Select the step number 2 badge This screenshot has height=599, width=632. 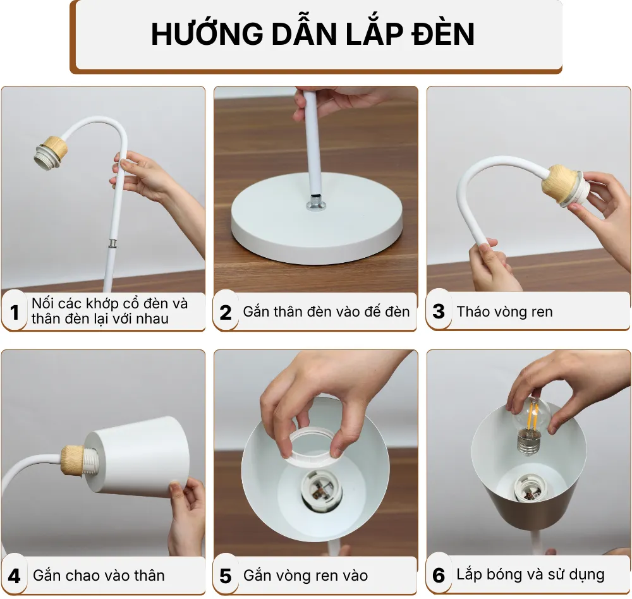(226, 312)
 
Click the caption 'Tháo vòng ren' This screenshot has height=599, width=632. (504, 312)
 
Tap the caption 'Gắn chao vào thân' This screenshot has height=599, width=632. (99, 576)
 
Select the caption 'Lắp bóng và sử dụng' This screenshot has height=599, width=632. (530, 575)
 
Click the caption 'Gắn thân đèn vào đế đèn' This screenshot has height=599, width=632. (326, 312)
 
